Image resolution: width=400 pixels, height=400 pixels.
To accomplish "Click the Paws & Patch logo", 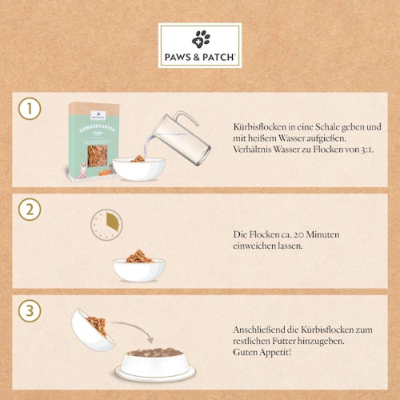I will [x=200, y=46].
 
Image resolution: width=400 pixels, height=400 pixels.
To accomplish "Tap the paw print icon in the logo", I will [x=200, y=37].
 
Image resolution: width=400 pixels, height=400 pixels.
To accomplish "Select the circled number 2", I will [x=29, y=210].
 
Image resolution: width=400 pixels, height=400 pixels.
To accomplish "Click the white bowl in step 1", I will [x=138, y=167].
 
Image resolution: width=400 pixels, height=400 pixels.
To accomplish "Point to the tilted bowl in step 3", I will [x=93, y=328].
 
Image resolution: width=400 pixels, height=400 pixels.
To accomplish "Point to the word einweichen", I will [x=254, y=247].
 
